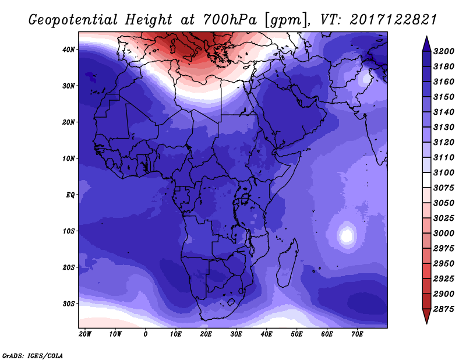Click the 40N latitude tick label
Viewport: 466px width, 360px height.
(x=69, y=50)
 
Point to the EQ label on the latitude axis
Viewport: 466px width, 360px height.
(x=70, y=195)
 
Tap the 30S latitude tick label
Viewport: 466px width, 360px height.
(x=69, y=303)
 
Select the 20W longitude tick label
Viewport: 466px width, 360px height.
(x=85, y=334)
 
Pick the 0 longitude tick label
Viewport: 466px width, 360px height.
(x=146, y=334)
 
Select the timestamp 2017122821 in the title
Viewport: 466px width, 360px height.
(x=394, y=20)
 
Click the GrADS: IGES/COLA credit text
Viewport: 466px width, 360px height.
(x=33, y=355)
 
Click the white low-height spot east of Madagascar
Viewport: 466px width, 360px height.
(x=347, y=236)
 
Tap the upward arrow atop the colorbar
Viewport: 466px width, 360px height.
(x=426, y=43)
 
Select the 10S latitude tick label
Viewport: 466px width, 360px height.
(x=69, y=231)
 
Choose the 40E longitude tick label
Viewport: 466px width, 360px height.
(x=267, y=334)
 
